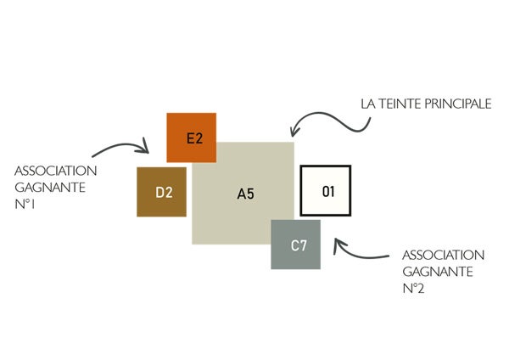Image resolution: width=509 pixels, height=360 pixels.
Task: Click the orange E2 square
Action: point(191,138)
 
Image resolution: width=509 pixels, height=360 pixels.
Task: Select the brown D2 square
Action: point(161,192)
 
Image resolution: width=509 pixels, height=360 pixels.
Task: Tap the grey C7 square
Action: point(296,245)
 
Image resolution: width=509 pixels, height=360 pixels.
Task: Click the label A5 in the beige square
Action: point(246,194)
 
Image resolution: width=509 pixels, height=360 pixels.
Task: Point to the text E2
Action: point(195,138)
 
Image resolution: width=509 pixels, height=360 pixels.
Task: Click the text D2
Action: point(164,193)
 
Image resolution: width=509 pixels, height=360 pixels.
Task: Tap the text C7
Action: point(299,245)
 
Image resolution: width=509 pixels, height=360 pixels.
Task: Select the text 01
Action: point(328,191)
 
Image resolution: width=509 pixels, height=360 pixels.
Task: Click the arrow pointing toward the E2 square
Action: point(120,145)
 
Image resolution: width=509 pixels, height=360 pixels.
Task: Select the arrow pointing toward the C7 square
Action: point(357,254)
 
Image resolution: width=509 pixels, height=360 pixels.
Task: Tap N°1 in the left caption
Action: point(25,205)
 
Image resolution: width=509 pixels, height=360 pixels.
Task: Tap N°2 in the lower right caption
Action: point(413,288)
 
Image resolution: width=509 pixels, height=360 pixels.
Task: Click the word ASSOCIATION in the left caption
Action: point(55,171)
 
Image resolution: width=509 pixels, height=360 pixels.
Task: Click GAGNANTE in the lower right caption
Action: point(438,272)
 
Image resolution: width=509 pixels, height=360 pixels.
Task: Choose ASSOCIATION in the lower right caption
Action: point(443,255)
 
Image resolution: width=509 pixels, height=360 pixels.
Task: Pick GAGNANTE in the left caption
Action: point(50,188)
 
